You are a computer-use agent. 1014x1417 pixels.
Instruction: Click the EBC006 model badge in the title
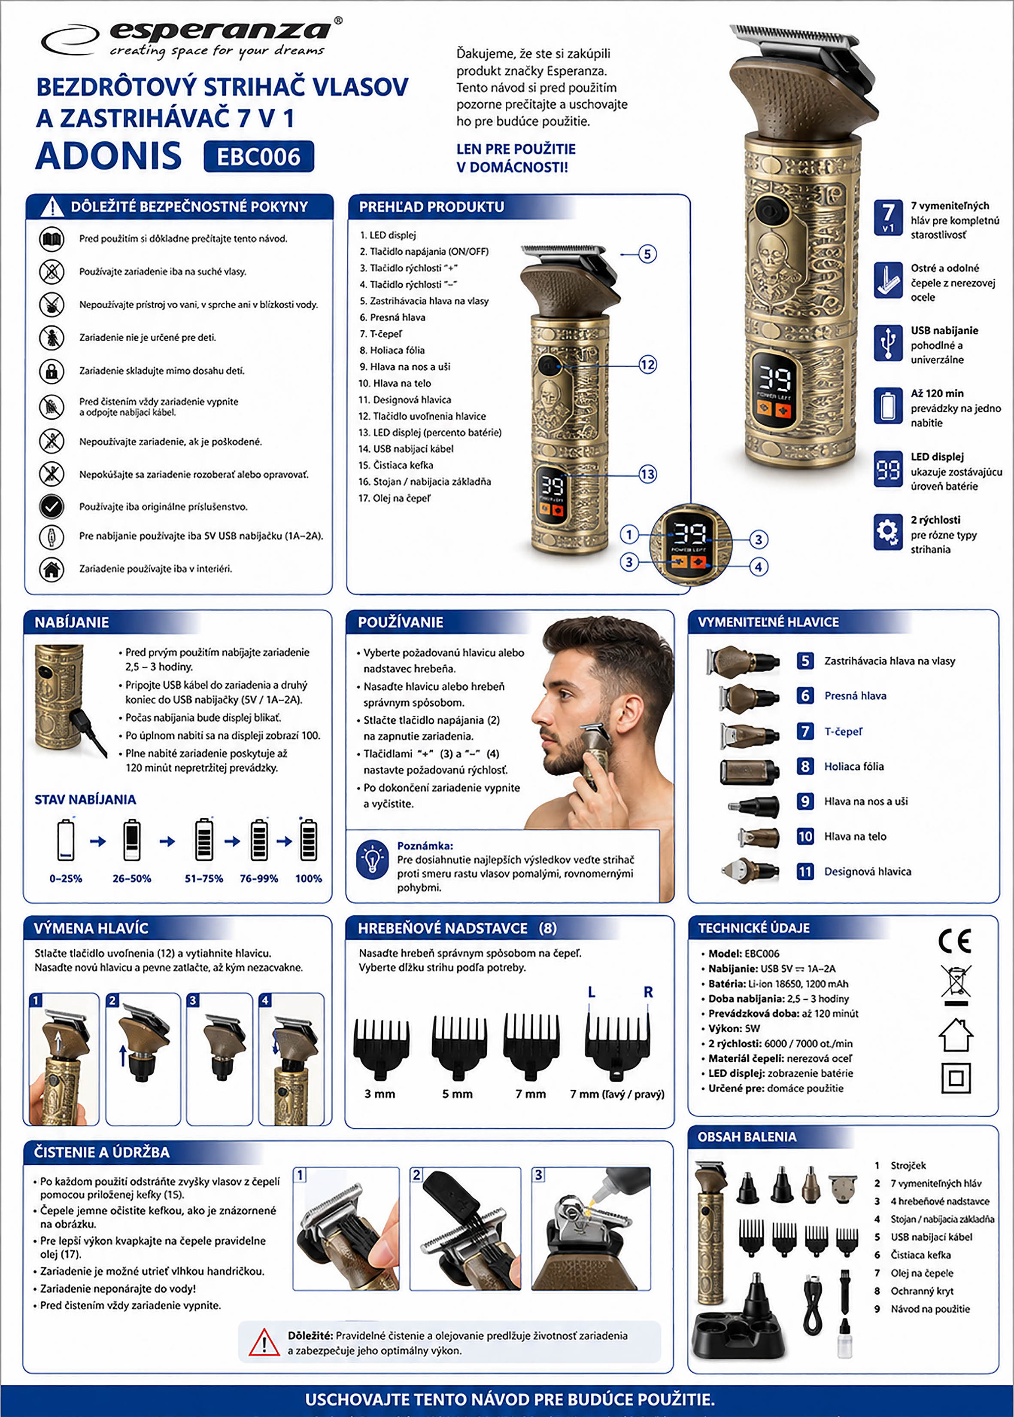258,157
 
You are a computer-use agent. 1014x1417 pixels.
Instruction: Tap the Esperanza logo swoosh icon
70,40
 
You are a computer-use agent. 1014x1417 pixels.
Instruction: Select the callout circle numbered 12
647,365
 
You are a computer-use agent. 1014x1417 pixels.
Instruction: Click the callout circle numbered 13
647,474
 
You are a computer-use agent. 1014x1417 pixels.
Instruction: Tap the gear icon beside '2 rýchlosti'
888,532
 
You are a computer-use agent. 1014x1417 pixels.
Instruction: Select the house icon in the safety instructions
52,569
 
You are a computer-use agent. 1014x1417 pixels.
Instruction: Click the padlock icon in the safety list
52,371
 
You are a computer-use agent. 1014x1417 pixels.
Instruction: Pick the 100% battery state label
308,878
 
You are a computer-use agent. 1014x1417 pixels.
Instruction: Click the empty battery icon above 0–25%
66,840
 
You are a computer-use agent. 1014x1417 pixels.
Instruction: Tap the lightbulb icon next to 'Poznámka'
373,859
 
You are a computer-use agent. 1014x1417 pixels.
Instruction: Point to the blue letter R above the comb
648,992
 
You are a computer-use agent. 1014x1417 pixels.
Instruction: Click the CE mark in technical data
955,941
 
